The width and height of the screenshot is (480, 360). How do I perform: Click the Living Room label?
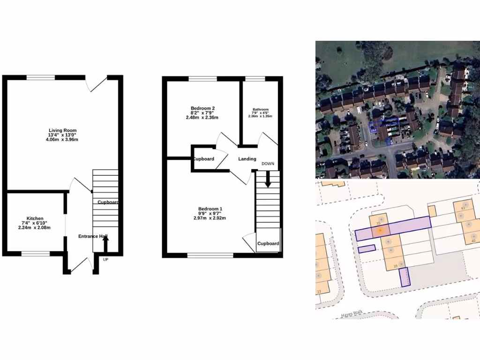tap(62, 130)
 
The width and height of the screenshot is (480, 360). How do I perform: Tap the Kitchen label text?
tap(35, 218)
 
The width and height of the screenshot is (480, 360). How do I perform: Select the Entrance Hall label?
tap(93, 236)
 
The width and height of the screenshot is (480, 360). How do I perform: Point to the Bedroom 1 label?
tap(210, 209)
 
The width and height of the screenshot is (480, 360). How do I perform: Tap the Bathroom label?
tap(261, 109)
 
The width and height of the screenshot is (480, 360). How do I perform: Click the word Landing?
tap(247, 159)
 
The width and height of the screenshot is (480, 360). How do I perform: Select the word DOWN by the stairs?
tap(268, 164)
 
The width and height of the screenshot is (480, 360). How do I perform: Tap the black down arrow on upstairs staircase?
tap(268, 180)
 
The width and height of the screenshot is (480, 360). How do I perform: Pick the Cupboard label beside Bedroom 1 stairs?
tap(268, 244)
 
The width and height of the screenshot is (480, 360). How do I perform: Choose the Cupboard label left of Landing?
tap(203, 159)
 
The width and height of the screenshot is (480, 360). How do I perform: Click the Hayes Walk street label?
tap(352, 315)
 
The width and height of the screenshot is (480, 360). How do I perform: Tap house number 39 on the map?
tap(396, 266)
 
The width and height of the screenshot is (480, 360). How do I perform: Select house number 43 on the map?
tap(464, 208)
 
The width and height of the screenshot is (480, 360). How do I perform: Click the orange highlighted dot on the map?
tap(381, 230)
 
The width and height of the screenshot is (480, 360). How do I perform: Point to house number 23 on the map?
tap(319, 292)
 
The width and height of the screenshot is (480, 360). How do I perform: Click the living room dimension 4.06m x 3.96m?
tap(62, 140)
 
